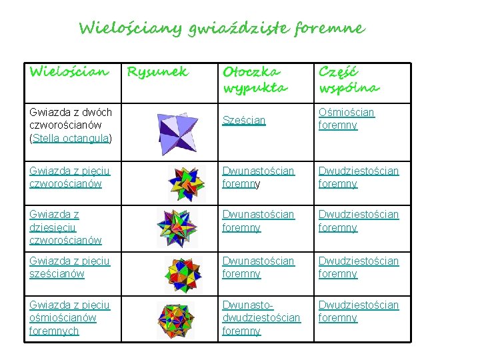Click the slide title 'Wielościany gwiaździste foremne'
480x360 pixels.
pos(221,29)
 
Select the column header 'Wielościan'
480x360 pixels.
pos(69,71)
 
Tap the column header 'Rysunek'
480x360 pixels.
pos(157,71)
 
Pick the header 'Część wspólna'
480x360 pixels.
pos(349,79)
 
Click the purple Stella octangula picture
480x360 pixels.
pos(176,131)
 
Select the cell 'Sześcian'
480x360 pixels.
pos(244,120)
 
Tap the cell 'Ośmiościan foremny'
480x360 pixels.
pos(347,119)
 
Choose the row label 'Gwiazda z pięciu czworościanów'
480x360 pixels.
pos(69,177)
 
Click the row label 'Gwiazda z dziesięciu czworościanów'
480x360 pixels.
pos(65,227)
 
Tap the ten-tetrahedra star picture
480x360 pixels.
pos(177,227)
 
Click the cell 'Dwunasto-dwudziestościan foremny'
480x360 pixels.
pos(261,318)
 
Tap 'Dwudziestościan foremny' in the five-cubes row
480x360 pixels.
pos(358,267)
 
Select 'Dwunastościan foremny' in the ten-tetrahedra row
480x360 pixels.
pos(258,221)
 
